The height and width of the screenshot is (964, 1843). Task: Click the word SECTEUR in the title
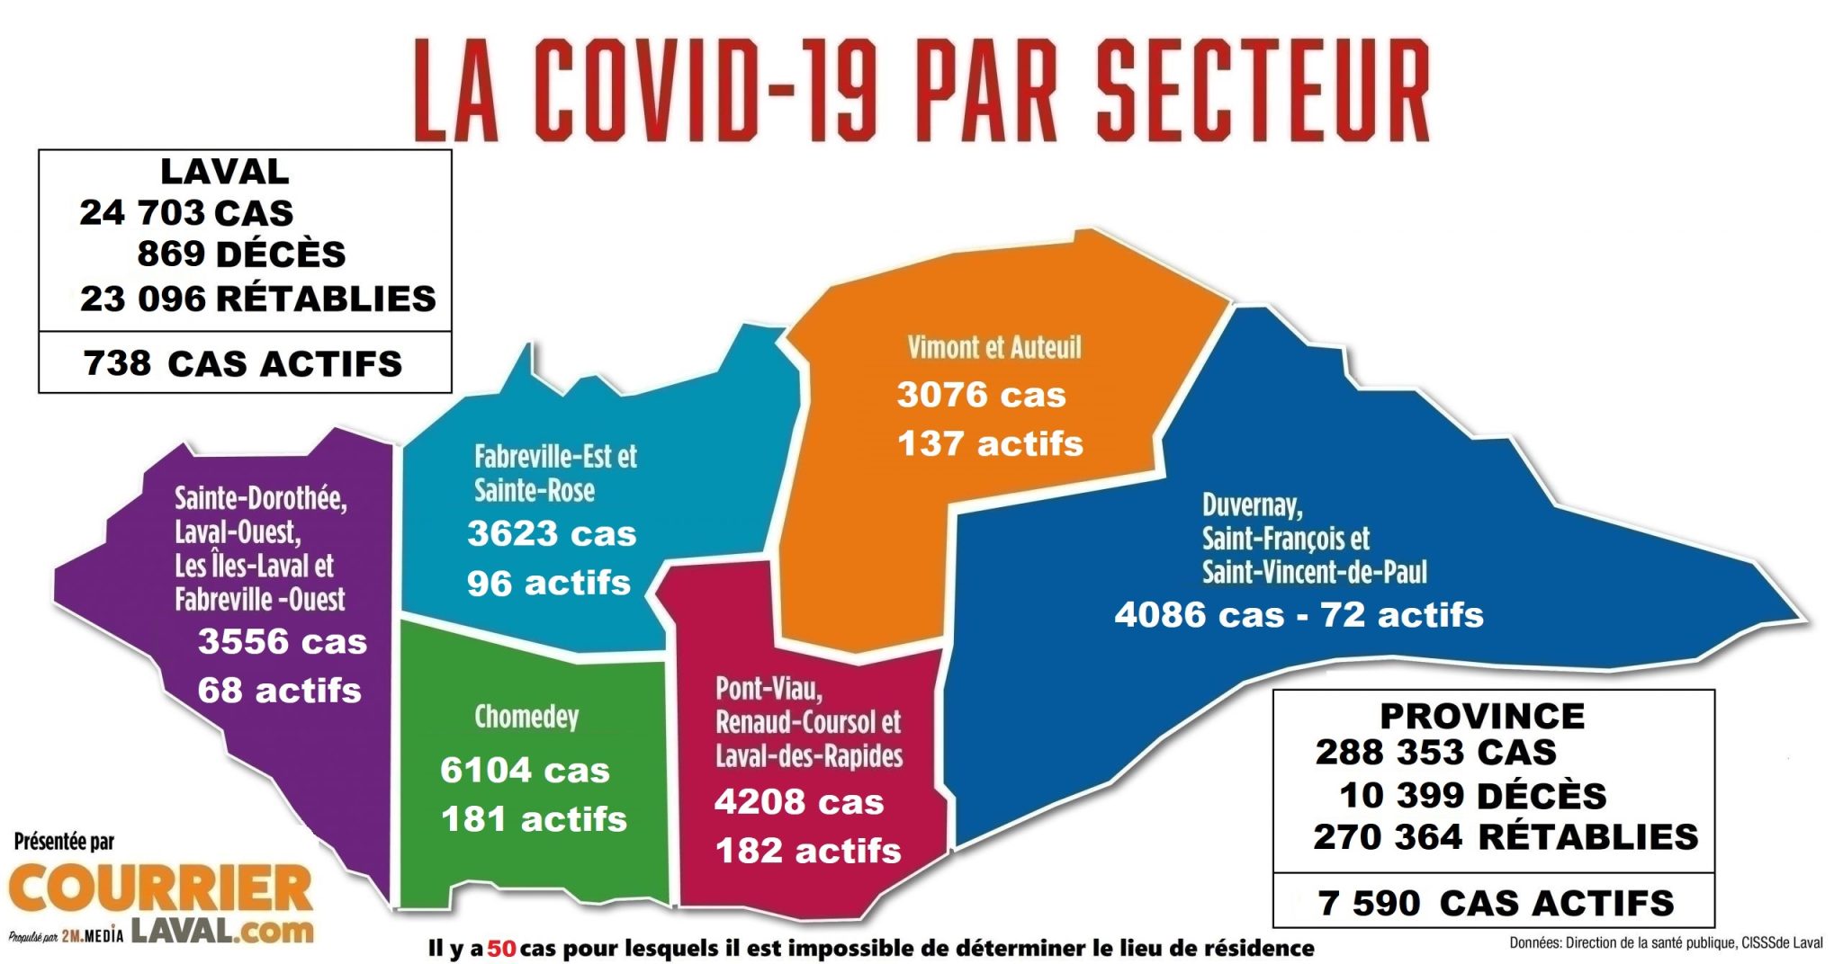(1262, 90)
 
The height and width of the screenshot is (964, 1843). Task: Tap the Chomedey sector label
(526, 717)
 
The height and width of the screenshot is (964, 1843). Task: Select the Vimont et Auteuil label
(993, 347)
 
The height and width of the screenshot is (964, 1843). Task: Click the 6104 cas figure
(525, 770)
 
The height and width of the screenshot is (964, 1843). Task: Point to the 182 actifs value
(807, 851)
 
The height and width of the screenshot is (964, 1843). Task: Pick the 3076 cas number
(981, 395)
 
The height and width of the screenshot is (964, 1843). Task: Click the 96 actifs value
(548, 583)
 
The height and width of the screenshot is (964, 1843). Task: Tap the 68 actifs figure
(279, 691)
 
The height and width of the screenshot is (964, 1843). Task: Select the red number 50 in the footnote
(501, 948)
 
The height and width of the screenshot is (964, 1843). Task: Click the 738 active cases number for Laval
(117, 363)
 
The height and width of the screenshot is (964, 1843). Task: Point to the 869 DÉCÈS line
(241, 254)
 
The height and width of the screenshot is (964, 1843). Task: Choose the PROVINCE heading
(1482, 716)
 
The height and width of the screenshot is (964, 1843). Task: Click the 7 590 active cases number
(1369, 903)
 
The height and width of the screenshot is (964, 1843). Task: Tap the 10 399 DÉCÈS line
(1472, 796)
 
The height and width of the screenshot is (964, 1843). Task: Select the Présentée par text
(64, 842)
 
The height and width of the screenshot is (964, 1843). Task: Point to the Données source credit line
(1666, 943)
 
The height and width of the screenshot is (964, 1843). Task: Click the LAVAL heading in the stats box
(224, 171)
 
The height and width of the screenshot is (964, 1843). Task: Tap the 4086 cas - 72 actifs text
(1299, 615)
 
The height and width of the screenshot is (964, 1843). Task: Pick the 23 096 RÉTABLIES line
(257, 299)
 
